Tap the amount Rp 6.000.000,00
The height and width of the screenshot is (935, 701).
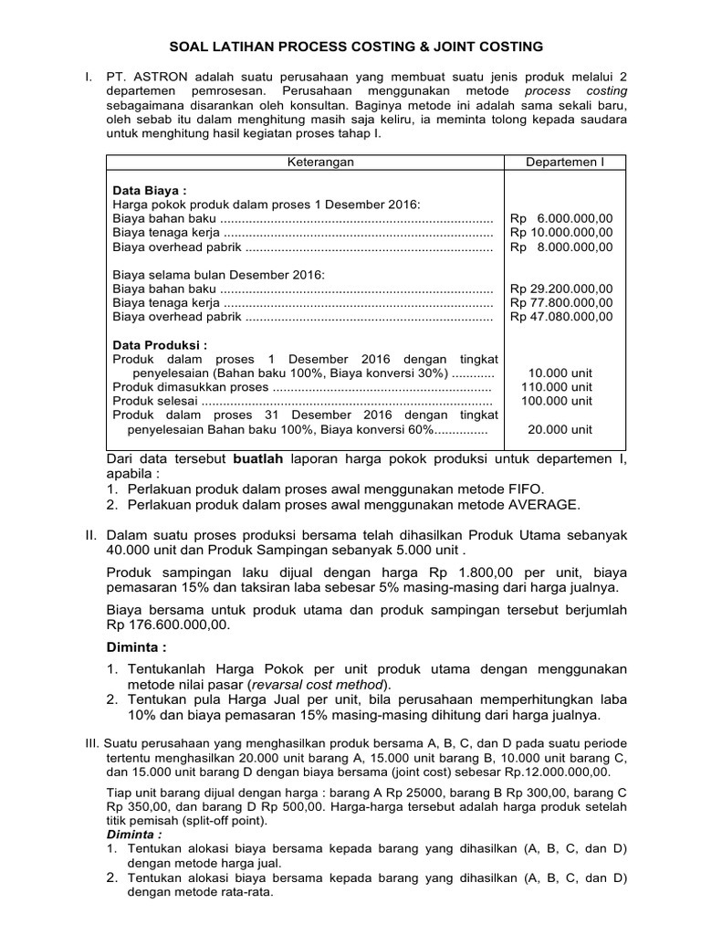(561, 219)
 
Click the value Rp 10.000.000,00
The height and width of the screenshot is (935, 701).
(561, 233)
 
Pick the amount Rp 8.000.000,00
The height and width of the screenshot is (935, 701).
(561, 247)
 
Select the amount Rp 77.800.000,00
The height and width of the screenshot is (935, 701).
(561, 303)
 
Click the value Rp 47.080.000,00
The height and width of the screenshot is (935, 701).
(561, 317)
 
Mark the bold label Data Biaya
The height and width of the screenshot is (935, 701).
(149, 191)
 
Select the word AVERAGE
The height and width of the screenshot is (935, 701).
(540, 504)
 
